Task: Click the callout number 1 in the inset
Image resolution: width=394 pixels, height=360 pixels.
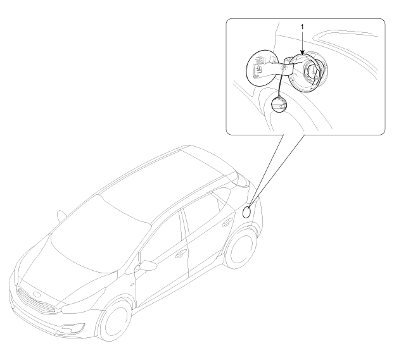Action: coord(302,27)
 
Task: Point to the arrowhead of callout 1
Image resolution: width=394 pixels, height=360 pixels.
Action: coord(302,53)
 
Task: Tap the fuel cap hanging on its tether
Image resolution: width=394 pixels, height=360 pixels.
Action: coord(279,104)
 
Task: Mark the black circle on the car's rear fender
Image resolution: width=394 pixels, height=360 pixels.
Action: coord(246,212)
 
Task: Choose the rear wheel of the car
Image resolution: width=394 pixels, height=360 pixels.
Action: coord(241,249)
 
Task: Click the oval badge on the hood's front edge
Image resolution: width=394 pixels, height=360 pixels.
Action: coord(37,295)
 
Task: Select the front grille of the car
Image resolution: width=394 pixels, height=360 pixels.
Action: coord(37,301)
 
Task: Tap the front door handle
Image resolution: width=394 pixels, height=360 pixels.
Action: coord(181,254)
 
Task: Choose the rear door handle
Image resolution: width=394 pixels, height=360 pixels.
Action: coord(227,222)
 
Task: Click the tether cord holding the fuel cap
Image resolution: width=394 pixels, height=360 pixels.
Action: coord(281,83)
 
